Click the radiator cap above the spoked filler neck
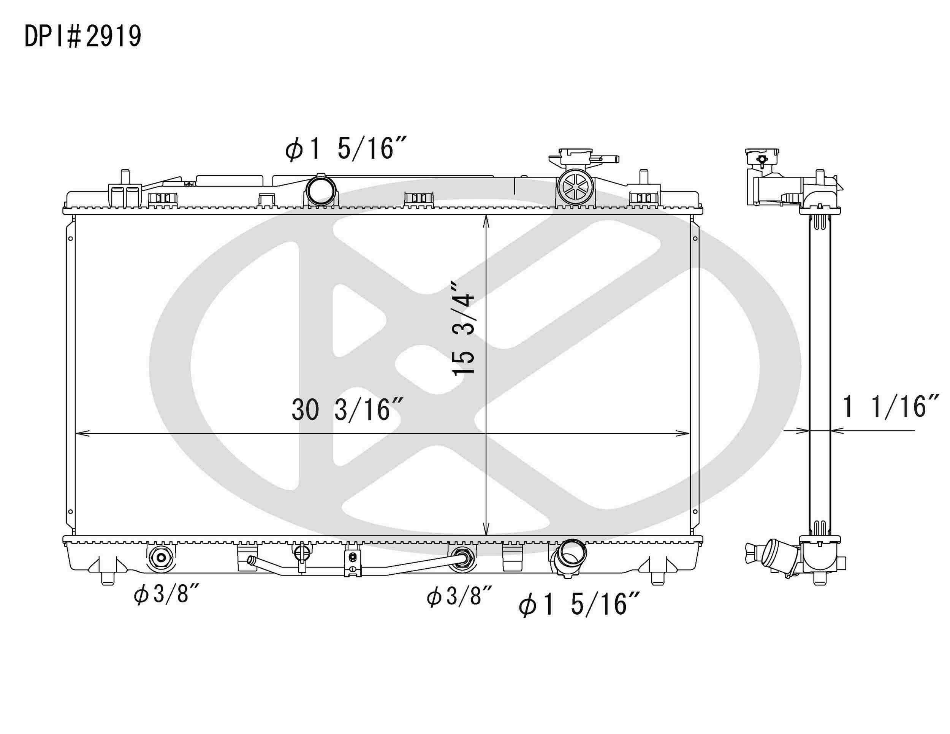576,157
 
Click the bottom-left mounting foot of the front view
108,577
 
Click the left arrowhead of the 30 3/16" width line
81,433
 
